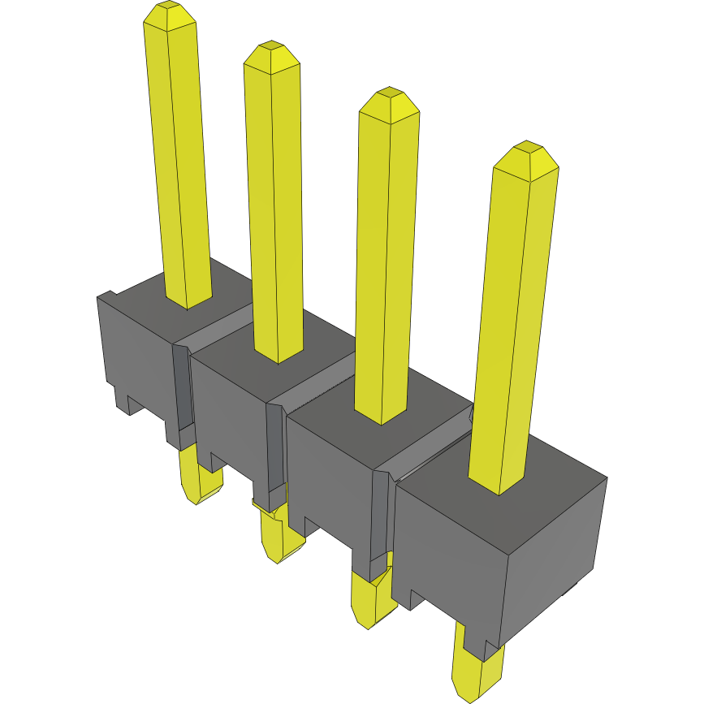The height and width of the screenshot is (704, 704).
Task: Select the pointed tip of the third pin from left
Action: (390, 99)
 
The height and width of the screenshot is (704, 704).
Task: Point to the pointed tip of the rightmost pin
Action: (527, 157)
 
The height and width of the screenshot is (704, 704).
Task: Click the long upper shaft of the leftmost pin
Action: (179, 162)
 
